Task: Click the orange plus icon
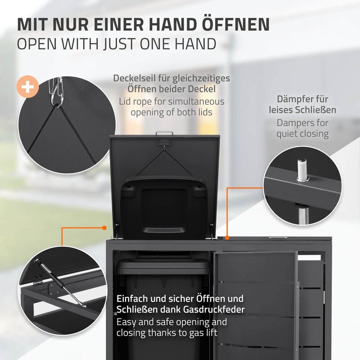pyautogui.click(x=27, y=86)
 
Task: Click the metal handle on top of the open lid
pyautogui.click(x=165, y=133)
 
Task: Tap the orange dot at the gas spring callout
pyautogui.click(x=104, y=228)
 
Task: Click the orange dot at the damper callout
pyautogui.click(x=227, y=238)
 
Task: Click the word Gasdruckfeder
pyautogui.click(x=214, y=310)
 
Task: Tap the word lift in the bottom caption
pyautogui.click(x=211, y=333)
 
